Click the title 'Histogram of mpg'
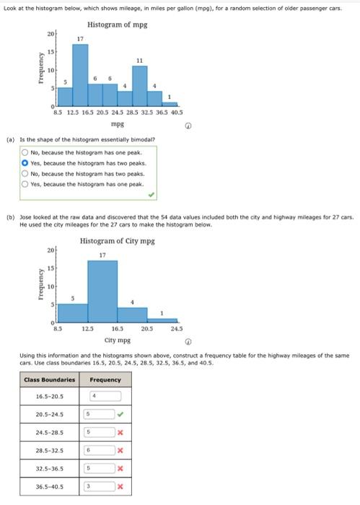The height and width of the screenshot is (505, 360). click(120, 25)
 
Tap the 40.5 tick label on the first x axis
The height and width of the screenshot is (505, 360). click(175, 113)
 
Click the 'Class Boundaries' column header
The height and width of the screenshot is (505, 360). click(49, 380)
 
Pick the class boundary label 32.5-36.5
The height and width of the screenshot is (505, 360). click(50, 469)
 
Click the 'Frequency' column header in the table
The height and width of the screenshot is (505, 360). click(105, 380)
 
